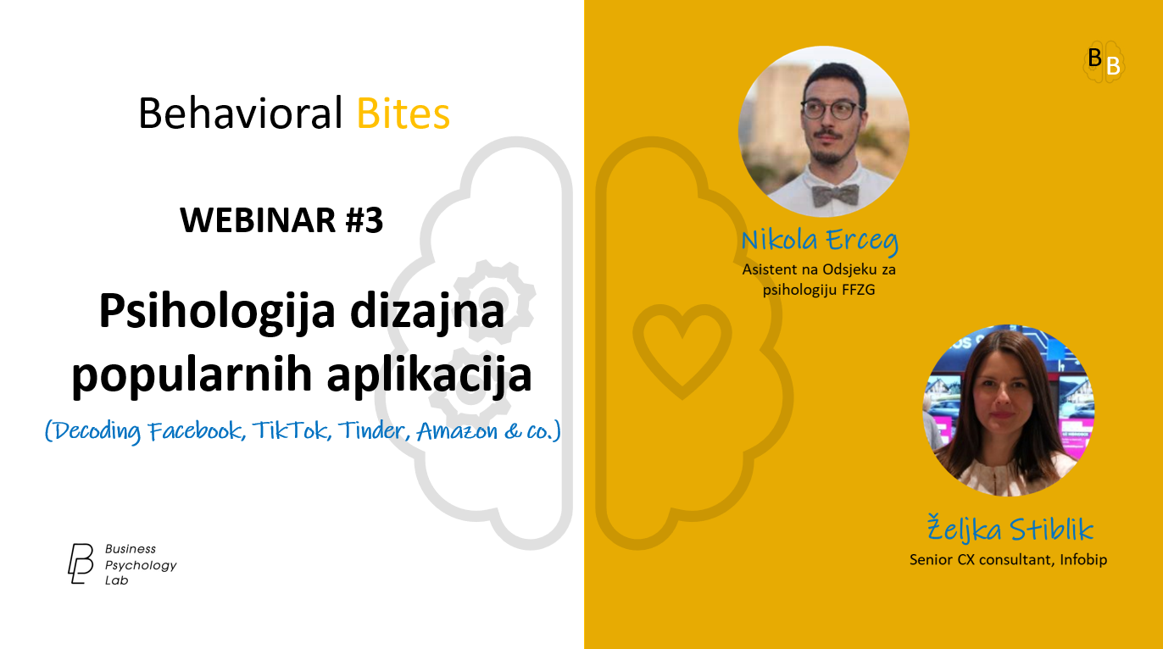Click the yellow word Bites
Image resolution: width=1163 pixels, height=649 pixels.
tap(403, 113)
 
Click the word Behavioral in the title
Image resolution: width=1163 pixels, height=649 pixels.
tap(241, 113)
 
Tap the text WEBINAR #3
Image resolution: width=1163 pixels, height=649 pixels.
tap(281, 220)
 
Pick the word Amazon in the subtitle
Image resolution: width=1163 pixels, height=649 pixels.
tap(457, 431)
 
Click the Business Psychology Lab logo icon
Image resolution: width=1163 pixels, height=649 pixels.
tap(81, 564)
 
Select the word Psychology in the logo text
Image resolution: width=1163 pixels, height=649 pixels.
tap(141, 565)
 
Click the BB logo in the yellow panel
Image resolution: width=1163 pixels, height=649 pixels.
tap(1104, 62)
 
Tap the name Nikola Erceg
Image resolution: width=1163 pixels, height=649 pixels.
tap(820, 241)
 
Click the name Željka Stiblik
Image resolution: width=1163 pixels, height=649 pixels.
tap(1010, 530)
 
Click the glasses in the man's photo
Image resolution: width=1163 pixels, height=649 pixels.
tap(832, 110)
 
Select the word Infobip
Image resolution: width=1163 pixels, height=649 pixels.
tap(1083, 560)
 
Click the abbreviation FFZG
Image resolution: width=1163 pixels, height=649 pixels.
tap(858, 290)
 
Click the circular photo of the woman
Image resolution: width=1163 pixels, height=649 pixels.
tap(1008, 410)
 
